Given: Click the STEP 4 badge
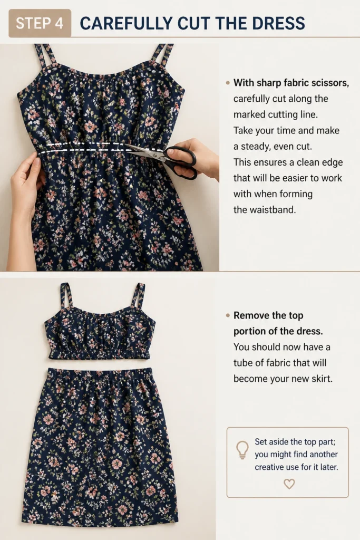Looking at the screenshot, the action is tap(40, 23).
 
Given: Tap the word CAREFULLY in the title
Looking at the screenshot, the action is tap(126, 23).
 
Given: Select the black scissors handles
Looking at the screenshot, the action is tap(180, 162).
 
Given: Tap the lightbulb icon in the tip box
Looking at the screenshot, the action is tap(242, 450).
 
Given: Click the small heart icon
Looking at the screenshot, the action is tap(289, 484).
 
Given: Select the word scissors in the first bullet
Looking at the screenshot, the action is tap(330, 83).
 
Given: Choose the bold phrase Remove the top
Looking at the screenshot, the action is tap(268, 315).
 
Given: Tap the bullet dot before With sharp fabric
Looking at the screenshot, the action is tap(228, 83).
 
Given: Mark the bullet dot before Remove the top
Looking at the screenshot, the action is tap(228, 315).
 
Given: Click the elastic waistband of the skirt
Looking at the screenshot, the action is tap(100, 374).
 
